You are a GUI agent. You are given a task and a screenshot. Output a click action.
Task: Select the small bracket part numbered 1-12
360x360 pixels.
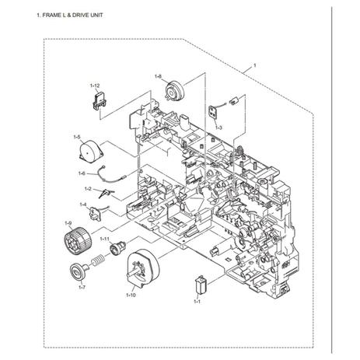(x=99, y=100)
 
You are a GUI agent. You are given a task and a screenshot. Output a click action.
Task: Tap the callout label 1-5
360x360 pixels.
(x=77, y=137)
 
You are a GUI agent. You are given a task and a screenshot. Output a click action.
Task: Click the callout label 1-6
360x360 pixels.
(x=82, y=173)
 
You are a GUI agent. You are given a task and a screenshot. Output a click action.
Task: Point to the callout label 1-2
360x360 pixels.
(x=88, y=189)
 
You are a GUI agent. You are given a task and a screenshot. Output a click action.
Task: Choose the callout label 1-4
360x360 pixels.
(x=83, y=204)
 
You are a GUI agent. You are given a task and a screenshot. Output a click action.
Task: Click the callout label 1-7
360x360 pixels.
(x=82, y=287)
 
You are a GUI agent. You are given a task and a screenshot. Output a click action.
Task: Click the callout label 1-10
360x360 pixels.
(x=131, y=295)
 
